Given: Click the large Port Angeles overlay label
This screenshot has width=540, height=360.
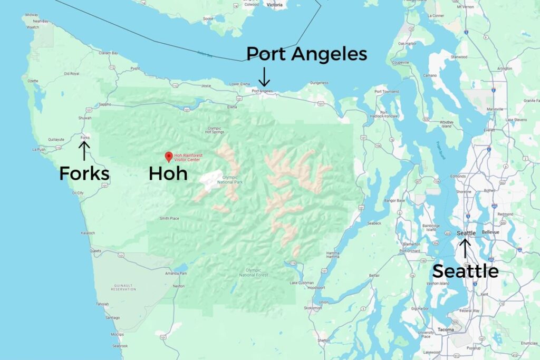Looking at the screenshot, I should coord(306,54).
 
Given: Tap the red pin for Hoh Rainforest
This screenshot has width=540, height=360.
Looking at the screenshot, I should coord(169,157).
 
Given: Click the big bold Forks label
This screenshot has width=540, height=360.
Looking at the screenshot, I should coord(84,173).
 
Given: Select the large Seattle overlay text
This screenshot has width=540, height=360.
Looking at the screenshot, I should coord(465,271).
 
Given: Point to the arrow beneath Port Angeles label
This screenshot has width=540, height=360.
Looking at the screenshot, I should coord(264,77).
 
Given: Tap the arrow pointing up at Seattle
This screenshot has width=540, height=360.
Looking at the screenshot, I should coord(465,248).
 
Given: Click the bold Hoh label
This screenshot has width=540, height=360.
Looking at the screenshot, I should coord(168,173).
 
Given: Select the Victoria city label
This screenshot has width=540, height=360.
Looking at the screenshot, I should coord(275,5).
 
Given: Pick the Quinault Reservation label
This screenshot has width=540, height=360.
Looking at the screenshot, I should coord(124,287).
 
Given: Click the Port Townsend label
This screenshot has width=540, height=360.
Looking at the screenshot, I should coord(387,92).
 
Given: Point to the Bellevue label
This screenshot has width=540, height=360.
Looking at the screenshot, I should coord(490,232).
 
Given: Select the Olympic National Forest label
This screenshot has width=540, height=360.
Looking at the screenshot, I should coord(254,272).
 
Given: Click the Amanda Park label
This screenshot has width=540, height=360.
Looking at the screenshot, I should coord(176,274).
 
